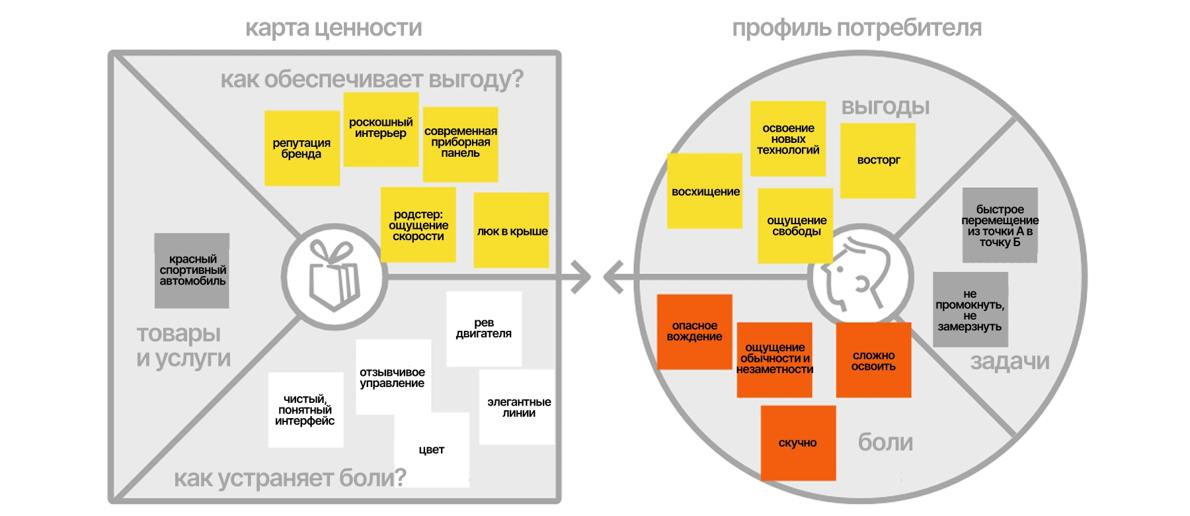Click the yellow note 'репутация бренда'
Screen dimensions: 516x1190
301,148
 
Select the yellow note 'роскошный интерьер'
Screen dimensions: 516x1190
381,129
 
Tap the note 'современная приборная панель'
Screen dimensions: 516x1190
460,144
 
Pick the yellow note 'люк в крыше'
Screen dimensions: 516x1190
512,230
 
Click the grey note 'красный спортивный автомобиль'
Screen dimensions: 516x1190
192,271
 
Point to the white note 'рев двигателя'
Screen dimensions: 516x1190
484,329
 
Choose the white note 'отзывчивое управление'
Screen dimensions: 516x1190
393,377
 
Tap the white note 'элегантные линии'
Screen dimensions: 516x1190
518,407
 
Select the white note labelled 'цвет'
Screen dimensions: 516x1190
432,450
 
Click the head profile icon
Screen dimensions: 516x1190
859,277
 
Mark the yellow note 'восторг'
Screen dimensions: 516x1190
878,161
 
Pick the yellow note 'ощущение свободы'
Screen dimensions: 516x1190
795,226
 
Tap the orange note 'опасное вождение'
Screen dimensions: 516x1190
694,331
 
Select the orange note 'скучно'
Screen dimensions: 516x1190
798,443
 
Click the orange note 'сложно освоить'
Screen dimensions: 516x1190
873,361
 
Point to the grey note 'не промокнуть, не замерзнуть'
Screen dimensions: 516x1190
970,310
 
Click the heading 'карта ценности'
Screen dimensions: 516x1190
333,28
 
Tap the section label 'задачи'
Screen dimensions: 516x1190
1010,361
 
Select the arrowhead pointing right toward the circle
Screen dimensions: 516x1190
580,277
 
